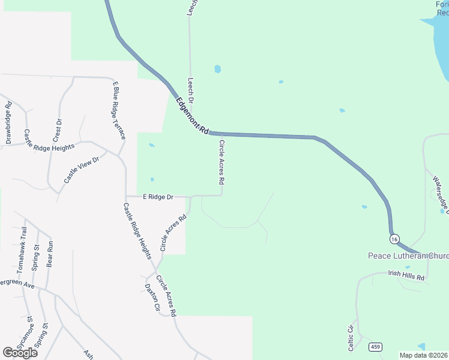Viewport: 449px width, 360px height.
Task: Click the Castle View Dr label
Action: click(85, 167)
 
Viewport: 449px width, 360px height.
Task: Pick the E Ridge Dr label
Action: click(158, 196)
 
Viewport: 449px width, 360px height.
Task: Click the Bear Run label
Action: click(50, 254)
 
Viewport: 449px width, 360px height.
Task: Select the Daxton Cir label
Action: click(153, 298)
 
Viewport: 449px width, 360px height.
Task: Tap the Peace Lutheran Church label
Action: click(408, 256)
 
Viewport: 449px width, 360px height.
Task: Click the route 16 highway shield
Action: click(394, 239)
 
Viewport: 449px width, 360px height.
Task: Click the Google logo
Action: click(20, 353)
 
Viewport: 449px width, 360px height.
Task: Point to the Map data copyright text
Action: click(424, 355)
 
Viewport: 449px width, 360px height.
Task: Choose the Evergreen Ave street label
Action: click(16, 283)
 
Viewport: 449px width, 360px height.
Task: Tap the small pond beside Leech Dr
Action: click(217, 69)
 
